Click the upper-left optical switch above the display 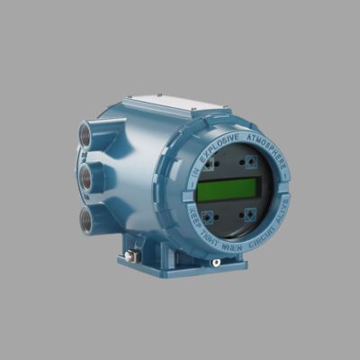click(x=208, y=166)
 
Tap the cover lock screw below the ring click(x=216, y=262)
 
